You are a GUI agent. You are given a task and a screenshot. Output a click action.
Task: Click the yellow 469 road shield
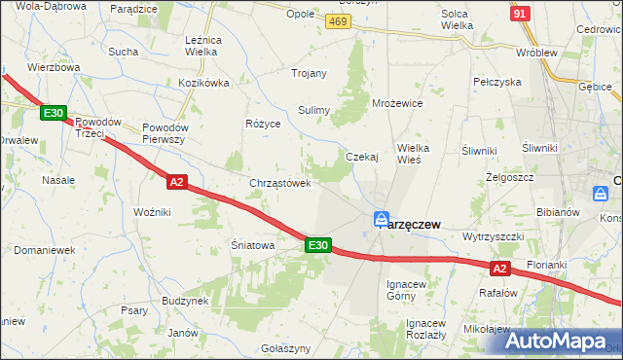click(338, 21)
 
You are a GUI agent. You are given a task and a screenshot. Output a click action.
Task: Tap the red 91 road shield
click(520, 14)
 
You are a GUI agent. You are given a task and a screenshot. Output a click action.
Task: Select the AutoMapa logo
click(551, 342)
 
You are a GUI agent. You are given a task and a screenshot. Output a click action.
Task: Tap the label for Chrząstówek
click(280, 183)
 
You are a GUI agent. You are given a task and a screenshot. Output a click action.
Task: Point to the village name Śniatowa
click(253, 246)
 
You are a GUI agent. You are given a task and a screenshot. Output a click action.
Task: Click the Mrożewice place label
click(397, 102)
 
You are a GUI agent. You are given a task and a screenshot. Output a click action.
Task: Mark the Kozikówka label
click(203, 83)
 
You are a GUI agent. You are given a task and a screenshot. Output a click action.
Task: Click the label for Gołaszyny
click(286, 348)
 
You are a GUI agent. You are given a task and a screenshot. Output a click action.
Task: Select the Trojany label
click(309, 73)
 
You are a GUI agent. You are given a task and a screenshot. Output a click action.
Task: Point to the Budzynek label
click(186, 301)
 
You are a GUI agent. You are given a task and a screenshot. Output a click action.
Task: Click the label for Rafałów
click(497, 291)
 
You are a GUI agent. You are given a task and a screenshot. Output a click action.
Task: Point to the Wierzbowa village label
click(54, 68)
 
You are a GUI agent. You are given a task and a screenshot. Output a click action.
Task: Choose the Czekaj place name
click(361, 157)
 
